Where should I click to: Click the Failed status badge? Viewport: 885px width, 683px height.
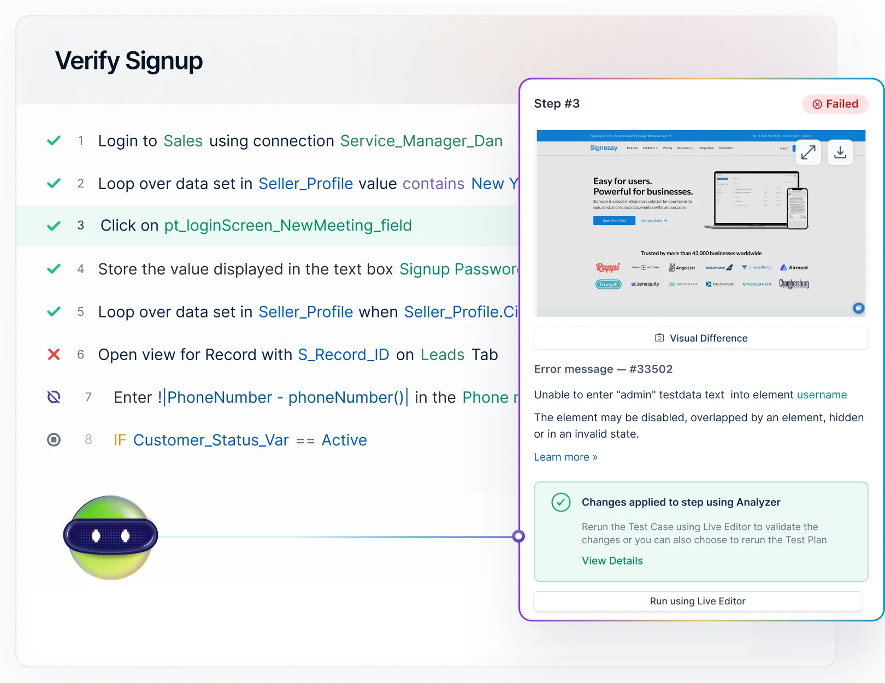[x=835, y=104]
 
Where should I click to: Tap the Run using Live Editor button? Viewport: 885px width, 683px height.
[x=698, y=601]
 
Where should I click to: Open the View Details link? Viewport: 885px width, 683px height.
[x=612, y=561]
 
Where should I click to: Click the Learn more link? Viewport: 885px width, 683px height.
[x=565, y=457]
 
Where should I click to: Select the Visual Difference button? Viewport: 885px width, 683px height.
[x=701, y=338]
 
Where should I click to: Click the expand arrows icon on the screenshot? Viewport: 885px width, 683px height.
[x=808, y=152]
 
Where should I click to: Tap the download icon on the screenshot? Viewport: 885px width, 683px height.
[x=840, y=152]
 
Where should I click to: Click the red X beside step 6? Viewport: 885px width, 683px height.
[x=54, y=355]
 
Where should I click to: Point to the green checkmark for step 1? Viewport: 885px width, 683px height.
[x=54, y=141]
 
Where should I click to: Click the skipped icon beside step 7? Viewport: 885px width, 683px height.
[x=54, y=397]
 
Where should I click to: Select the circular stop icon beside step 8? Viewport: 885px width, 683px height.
[x=54, y=440]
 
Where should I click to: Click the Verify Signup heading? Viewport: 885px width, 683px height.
[x=129, y=61]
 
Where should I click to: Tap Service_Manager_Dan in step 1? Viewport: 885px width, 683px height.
[x=421, y=141]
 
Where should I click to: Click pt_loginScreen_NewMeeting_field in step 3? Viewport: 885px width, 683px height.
[x=288, y=226]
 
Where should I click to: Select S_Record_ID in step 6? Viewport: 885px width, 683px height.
[x=343, y=355]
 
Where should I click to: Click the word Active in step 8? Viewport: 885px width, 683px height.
[x=344, y=440]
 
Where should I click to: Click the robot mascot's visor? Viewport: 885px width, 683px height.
[x=110, y=535]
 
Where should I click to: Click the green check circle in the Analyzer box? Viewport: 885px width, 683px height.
[x=560, y=502]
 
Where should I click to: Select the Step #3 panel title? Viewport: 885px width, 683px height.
[x=557, y=104]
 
